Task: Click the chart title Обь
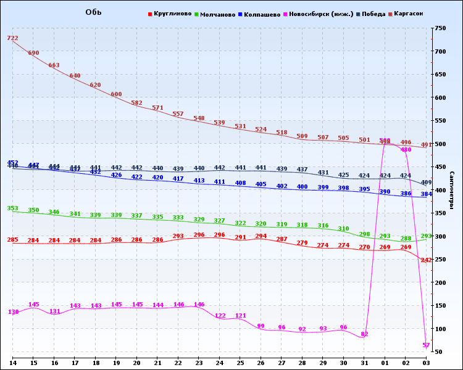(x=93, y=12)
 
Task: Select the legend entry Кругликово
(x=172, y=14)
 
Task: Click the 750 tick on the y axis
(x=440, y=28)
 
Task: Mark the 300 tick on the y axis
(x=440, y=236)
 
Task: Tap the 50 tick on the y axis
(x=438, y=352)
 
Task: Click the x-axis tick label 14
(x=12, y=363)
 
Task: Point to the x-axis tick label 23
(x=199, y=363)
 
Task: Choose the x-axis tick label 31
(x=364, y=363)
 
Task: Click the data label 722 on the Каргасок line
(x=12, y=38)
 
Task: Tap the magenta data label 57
(x=426, y=345)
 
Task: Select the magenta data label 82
(x=364, y=334)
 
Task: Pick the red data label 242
(x=426, y=260)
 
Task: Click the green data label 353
(x=12, y=208)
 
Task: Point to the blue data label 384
(x=426, y=194)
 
